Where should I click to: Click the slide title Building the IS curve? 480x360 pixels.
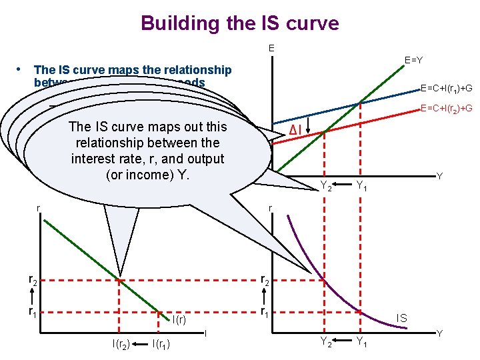(x=240, y=23)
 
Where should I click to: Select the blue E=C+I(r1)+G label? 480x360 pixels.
(x=446, y=87)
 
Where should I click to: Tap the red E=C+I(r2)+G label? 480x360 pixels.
(x=446, y=108)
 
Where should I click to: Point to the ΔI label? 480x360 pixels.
(x=297, y=129)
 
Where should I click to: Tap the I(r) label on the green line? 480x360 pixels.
(x=179, y=321)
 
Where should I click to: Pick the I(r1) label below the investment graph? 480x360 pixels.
(x=161, y=344)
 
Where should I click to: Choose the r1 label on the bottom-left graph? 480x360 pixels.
(x=32, y=311)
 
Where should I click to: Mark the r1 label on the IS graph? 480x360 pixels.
(x=265, y=311)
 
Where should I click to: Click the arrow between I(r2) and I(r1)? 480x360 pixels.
(x=140, y=344)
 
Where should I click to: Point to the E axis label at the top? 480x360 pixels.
(x=271, y=48)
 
